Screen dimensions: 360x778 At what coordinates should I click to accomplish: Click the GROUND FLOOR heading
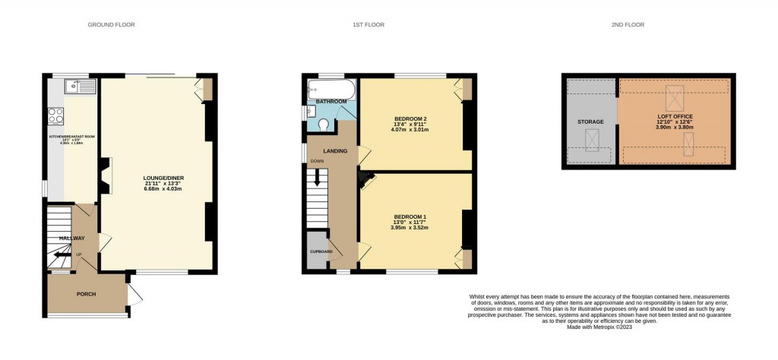111,25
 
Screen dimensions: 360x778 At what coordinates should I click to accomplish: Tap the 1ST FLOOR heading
368,25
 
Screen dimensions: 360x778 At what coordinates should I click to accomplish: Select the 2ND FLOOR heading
628,25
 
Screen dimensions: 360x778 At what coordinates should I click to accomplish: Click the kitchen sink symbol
78,86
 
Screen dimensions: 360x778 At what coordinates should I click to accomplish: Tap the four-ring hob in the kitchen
56,116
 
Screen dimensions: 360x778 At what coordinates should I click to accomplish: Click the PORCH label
86,294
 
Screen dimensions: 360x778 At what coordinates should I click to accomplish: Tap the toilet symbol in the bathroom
324,125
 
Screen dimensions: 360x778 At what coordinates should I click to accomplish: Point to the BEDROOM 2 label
410,119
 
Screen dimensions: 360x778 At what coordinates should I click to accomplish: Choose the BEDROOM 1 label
410,216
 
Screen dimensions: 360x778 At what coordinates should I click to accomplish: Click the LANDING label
335,151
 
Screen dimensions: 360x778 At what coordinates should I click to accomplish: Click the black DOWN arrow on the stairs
317,179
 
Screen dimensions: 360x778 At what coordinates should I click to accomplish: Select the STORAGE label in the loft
590,122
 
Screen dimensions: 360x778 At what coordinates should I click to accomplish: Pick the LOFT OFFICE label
675,116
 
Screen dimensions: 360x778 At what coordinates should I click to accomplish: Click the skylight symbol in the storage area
591,138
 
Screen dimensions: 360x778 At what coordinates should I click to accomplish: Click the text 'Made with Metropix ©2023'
599,327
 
